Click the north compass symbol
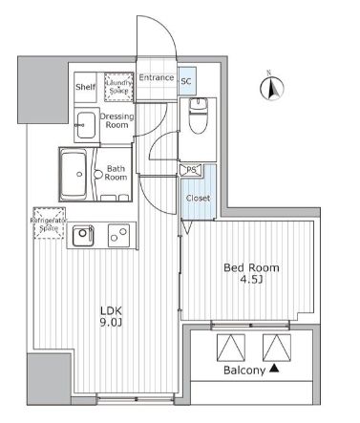point(271,89)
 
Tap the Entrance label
point(156,77)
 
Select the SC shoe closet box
point(186,82)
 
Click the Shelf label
point(85,87)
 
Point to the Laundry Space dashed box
point(119,87)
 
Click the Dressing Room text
point(116,120)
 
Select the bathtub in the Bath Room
point(74,173)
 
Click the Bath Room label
point(116,172)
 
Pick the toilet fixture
point(197,119)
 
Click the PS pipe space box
point(191,171)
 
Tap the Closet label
point(198,199)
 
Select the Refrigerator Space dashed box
point(49,222)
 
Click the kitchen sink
point(84,233)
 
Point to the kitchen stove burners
point(119,232)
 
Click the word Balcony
point(243,370)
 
